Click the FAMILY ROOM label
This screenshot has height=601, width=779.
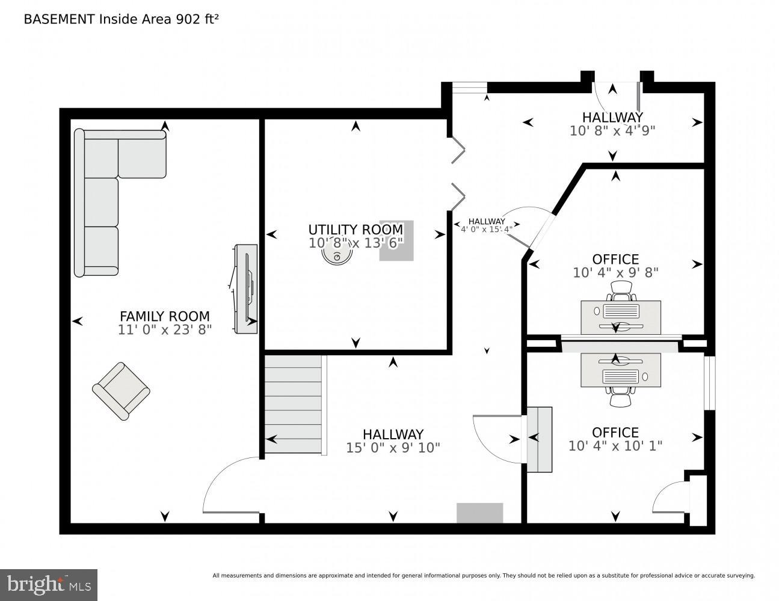tap(164, 316)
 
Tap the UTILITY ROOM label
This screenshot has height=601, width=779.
tap(356, 230)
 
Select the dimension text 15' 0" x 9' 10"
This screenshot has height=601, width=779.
tap(393, 448)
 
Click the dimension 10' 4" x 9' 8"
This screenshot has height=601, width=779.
tap(615, 272)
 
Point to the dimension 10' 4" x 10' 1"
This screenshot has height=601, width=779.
tap(615, 446)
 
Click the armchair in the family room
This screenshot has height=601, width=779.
tap(121, 391)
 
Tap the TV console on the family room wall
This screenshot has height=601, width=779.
tap(246, 288)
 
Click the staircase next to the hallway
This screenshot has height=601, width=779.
tap(293, 404)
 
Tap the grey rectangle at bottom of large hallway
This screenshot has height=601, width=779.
tap(479, 513)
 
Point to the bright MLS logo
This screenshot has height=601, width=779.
tap(49, 584)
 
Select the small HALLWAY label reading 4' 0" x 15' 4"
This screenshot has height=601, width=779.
tap(487, 225)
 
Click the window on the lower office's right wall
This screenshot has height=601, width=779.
tap(709, 383)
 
